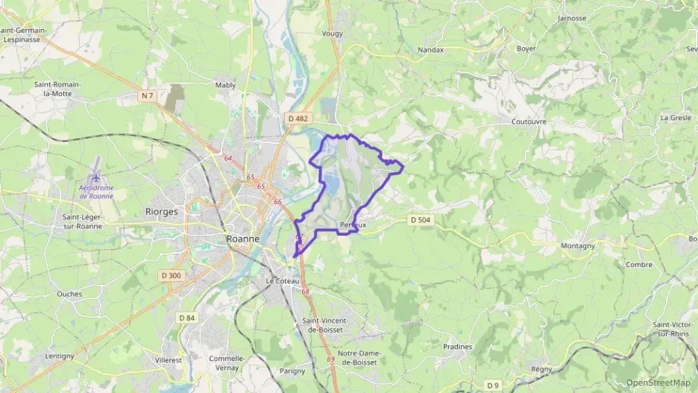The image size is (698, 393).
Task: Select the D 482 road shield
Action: click(x=298, y=118)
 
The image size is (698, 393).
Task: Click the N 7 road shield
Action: click(x=148, y=95)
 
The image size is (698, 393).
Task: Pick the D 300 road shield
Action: click(x=171, y=275)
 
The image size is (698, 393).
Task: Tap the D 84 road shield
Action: click(x=186, y=318)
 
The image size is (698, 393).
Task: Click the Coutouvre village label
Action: click(x=529, y=121)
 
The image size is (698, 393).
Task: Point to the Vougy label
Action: click(x=332, y=34)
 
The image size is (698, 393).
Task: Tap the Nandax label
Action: click(x=431, y=50)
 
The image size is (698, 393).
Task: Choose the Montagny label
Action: click(x=578, y=245)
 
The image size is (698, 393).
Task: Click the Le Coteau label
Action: click(x=283, y=281)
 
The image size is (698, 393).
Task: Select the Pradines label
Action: click(x=457, y=347)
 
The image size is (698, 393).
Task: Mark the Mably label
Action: click(x=225, y=85)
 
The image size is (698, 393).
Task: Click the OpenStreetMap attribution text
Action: click(x=658, y=383)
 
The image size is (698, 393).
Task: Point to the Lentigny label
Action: click(x=60, y=356)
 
